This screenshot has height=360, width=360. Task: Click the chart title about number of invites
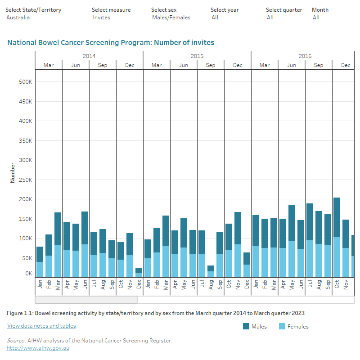tap(111, 43)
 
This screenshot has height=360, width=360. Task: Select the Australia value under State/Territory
tap(18, 18)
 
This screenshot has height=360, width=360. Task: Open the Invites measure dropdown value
tap(102, 18)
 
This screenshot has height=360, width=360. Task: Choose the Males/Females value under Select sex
tap(171, 18)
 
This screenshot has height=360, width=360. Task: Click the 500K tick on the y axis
tap(25, 82)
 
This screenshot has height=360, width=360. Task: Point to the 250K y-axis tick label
tap(25, 180)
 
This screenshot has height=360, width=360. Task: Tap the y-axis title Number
tap(13, 172)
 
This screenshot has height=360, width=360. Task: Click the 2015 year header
tap(197, 56)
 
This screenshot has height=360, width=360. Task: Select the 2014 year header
tap(89, 56)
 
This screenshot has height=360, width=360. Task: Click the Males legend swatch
tap(246, 326)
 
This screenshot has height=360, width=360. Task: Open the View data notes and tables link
tap(41, 326)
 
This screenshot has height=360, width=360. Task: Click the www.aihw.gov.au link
tap(38, 348)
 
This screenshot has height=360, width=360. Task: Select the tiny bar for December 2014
tap(139, 272)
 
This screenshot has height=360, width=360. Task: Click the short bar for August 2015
tap(211, 271)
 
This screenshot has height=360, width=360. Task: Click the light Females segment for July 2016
tap(310, 259)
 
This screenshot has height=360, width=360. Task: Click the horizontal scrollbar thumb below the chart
tap(86, 300)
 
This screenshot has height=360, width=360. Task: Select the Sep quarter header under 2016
tap(319, 65)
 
